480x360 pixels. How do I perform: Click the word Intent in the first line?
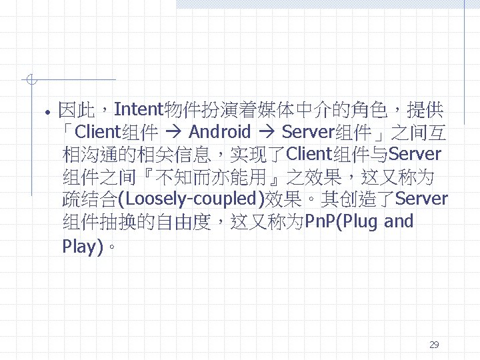tap(143, 108)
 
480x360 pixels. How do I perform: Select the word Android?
tap(220, 131)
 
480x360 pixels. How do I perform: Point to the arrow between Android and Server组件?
tap(266, 132)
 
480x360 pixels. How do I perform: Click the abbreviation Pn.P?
tap(321, 221)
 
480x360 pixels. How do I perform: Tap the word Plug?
tap(362, 221)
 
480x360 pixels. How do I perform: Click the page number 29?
tap(434, 345)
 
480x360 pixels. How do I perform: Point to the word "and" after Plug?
tap(399, 221)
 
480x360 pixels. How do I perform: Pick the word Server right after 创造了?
tap(421, 199)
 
